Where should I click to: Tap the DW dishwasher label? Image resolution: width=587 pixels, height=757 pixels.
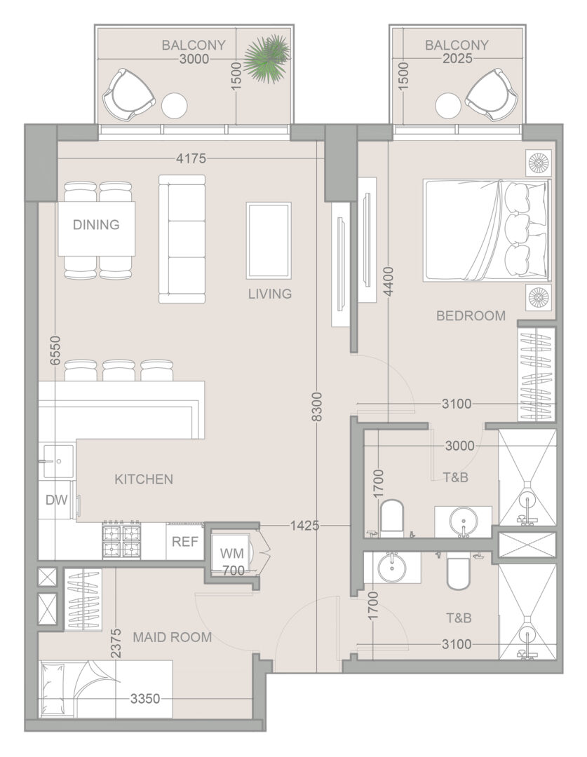[57, 500]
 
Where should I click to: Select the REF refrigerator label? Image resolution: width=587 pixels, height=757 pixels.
[185, 541]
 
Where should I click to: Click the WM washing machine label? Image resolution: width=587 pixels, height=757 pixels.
[232, 553]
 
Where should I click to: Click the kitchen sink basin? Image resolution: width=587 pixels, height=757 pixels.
[59, 461]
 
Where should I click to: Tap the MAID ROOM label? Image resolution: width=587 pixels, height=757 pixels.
[172, 637]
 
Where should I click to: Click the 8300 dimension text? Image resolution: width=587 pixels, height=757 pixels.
[316, 407]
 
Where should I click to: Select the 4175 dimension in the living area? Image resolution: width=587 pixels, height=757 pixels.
[191, 158]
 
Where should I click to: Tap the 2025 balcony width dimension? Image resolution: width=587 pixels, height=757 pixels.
[457, 58]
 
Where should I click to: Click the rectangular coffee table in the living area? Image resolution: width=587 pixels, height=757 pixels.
[269, 240]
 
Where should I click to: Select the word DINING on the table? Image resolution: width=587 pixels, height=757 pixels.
[96, 224]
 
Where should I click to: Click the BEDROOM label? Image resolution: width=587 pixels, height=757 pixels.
[471, 315]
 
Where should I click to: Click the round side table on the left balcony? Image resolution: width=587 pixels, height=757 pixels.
[174, 106]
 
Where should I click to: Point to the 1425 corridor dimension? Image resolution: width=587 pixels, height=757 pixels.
[305, 525]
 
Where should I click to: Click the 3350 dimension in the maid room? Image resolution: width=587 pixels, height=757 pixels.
[145, 699]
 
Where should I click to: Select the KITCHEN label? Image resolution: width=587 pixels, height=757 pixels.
[144, 479]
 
